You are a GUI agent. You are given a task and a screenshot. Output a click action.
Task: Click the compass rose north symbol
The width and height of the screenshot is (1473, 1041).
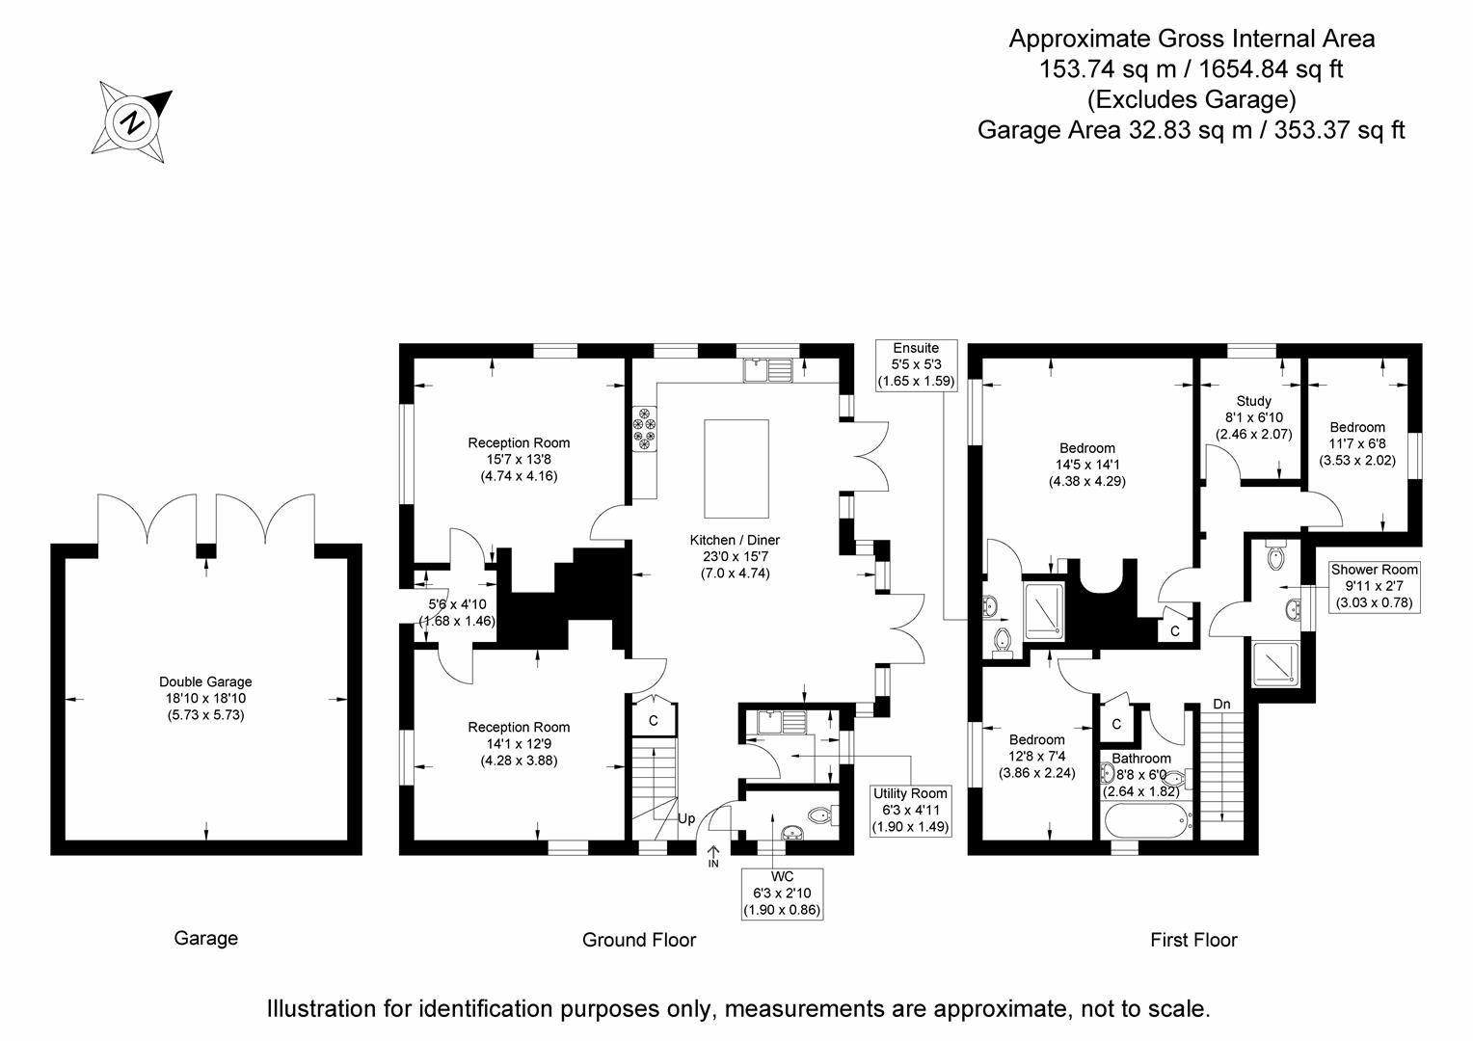(133, 122)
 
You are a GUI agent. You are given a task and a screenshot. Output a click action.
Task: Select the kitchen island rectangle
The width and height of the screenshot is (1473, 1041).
(736, 469)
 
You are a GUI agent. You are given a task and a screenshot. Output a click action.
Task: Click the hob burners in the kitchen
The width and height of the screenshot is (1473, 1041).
(643, 429)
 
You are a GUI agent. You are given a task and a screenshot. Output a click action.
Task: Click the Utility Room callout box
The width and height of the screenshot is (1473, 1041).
(910, 810)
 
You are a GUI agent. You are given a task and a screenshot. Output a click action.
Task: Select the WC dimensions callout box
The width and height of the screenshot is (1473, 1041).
(783, 894)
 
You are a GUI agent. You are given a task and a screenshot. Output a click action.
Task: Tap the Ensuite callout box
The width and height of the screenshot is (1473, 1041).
(915, 364)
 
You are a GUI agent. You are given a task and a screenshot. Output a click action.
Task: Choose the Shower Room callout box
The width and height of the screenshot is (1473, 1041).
(1373, 586)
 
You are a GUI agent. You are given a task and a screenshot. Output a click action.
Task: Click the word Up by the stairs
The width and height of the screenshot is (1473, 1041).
(686, 818)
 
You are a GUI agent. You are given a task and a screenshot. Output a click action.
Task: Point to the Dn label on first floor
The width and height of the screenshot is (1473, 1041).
(1221, 705)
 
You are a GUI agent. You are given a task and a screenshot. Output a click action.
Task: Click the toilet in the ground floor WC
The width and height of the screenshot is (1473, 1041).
(821, 816)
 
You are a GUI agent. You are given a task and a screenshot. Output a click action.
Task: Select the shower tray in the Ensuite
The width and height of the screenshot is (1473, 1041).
(1043, 610)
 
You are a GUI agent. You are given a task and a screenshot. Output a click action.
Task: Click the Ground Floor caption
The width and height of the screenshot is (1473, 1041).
(638, 940)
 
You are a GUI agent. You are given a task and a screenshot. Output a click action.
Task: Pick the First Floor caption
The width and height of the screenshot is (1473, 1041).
(1192, 940)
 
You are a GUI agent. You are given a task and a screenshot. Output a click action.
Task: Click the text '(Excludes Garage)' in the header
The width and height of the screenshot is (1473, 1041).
(1191, 99)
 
